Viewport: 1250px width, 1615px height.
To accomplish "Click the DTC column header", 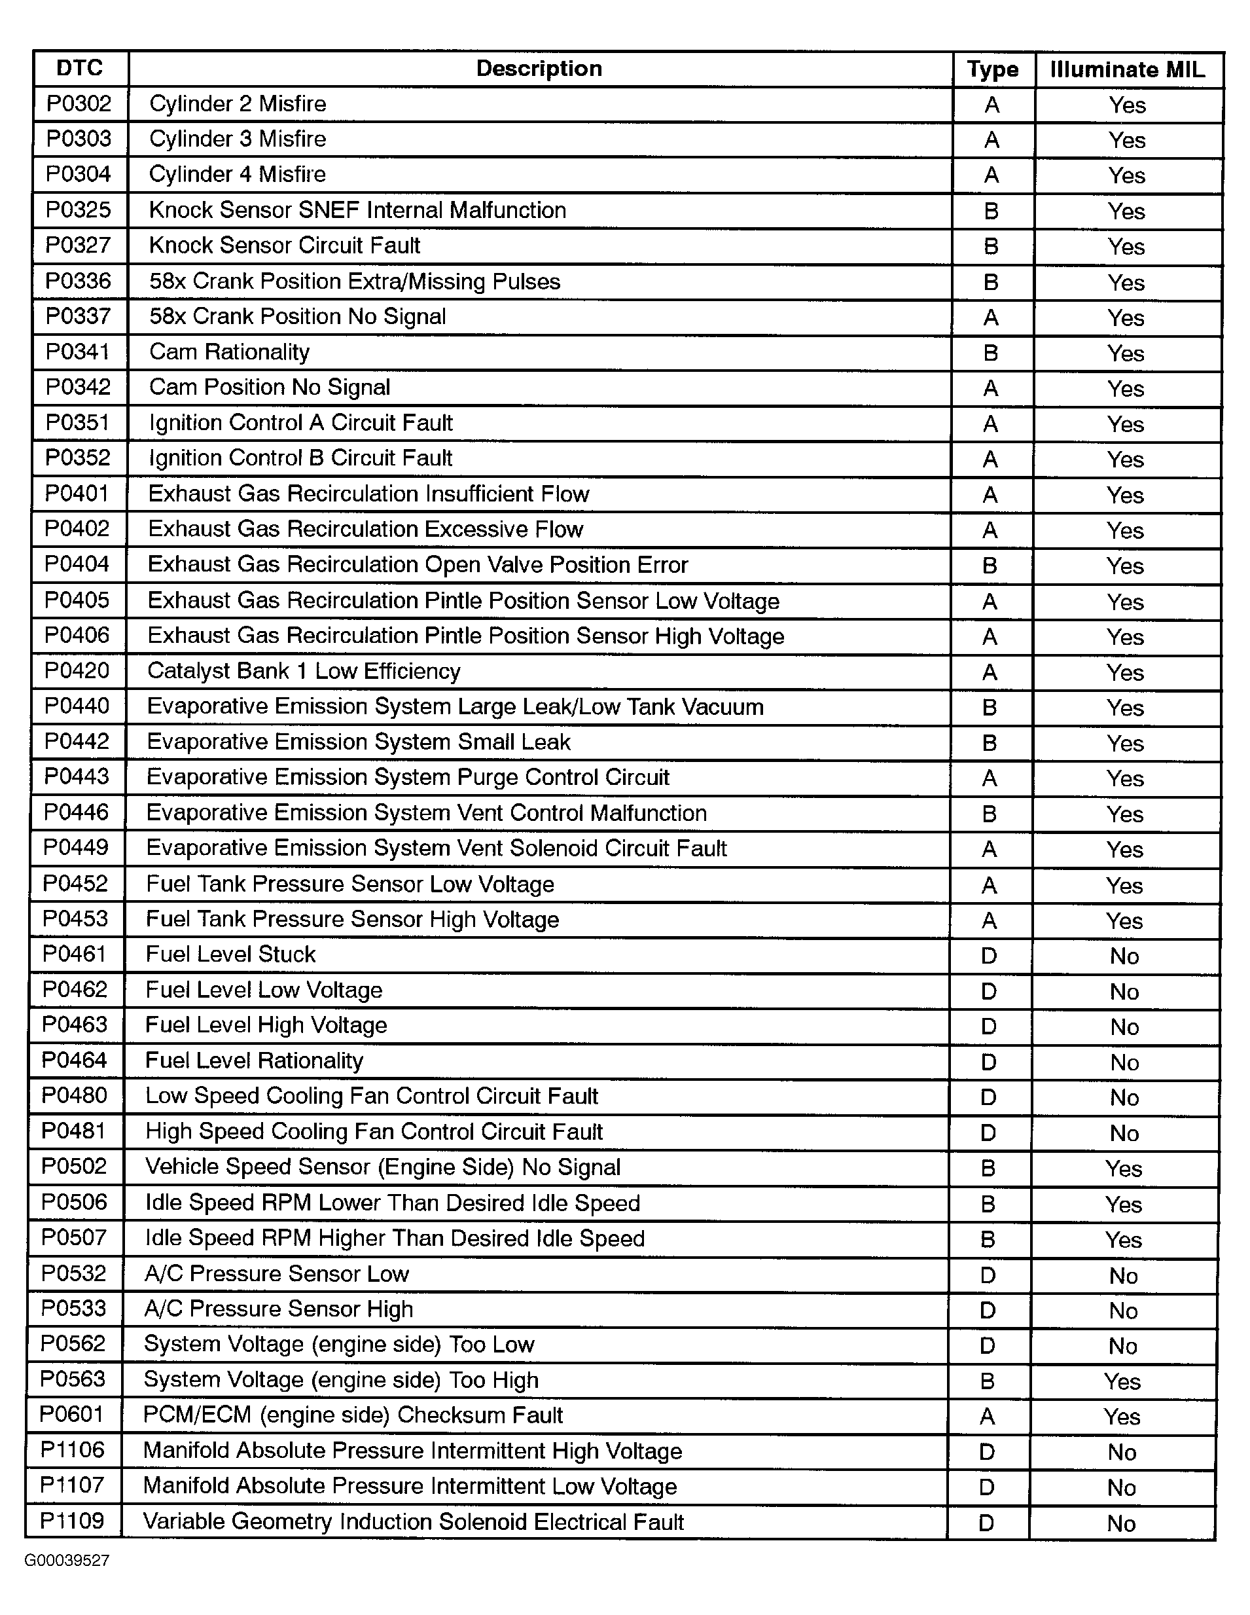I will [80, 69].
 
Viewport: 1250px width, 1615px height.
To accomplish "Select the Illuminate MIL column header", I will [1128, 69].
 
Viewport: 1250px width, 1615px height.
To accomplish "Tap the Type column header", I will [993, 69].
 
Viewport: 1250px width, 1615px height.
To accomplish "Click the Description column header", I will [539, 69].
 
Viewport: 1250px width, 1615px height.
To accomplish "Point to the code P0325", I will [79, 210].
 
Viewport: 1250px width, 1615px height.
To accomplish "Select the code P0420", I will [77, 671].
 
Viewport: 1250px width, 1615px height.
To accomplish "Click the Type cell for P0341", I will [991, 353].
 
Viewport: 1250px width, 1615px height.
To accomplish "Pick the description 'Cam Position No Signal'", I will [270, 388].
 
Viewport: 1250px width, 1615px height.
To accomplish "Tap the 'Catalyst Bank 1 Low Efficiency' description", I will [304, 671].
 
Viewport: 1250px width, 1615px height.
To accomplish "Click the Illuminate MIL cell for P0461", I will [1124, 956].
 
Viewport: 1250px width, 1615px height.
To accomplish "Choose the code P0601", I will [72, 1415].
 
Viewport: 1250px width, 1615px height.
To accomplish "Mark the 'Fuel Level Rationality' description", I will [255, 1061].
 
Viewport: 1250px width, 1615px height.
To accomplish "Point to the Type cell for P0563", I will [988, 1381].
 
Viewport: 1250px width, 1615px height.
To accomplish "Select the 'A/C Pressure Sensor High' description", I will [279, 1309].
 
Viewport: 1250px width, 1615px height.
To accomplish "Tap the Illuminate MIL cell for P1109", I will [1121, 1523].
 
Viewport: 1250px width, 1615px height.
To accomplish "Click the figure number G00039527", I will [67, 1561].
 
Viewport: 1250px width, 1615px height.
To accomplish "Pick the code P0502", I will [74, 1166].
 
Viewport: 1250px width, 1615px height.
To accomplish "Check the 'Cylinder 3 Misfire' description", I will [238, 139].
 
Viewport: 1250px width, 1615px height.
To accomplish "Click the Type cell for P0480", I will [988, 1097].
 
